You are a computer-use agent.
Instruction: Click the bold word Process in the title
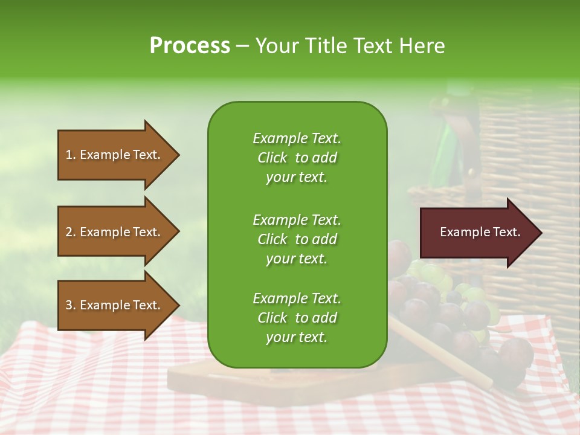tap(190, 46)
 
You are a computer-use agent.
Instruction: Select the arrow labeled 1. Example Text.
tap(115, 155)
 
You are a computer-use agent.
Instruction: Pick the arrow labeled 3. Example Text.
tap(115, 306)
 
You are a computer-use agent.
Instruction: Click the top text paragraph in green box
tap(297, 158)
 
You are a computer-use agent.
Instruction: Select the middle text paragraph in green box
tap(297, 239)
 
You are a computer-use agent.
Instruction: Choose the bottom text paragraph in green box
tap(297, 318)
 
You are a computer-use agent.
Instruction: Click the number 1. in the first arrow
tap(71, 155)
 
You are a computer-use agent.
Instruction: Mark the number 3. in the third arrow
tap(71, 306)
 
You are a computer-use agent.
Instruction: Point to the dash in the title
tap(242, 47)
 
